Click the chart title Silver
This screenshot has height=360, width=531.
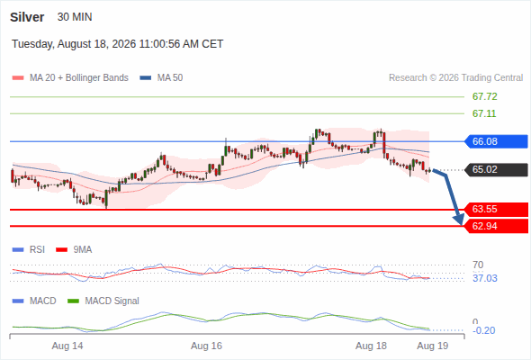(x=27, y=17)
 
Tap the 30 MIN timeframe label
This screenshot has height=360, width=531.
(x=75, y=17)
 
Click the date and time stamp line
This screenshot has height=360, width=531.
(x=118, y=44)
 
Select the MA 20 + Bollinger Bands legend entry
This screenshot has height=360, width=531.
(x=70, y=78)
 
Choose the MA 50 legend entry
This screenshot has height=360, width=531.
(x=161, y=78)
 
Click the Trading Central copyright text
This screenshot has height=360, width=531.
(x=455, y=78)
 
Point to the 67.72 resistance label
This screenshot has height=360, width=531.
(x=484, y=96)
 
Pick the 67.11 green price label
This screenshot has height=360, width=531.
(x=484, y=113)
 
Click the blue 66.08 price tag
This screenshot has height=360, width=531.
(x=496, y=141)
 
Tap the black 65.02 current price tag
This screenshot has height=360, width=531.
(x=496, y=169)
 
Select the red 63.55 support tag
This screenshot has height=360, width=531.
(x=496, y=209)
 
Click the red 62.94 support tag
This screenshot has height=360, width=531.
(x=496, y=226)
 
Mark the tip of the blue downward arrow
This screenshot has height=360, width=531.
(x=461, y=225)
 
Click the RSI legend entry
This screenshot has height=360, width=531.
(x=29, y=250)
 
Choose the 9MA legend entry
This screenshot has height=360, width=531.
(x=74, y=250)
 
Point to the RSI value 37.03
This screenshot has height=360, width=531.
(x=485, y=278)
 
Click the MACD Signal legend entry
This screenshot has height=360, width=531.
(x=103, y=301)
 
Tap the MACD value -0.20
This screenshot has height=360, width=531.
(x=483, y=330)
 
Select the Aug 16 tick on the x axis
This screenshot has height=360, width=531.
(x=206, y=346)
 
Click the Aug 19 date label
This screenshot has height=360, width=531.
(x=433, y=346)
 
